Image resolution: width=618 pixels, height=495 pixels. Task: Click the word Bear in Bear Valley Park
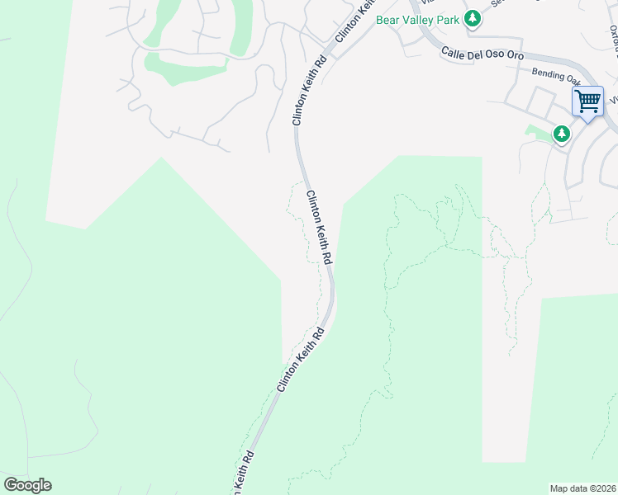[388, 19]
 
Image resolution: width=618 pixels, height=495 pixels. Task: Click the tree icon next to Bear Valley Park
[472, 18]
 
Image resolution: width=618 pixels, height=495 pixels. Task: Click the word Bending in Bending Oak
[548, 74]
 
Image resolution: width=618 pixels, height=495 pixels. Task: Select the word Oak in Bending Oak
[573, 79]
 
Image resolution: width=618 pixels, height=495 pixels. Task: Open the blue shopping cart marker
[587, 102]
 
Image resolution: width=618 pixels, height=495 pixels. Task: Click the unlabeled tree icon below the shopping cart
[562, 133]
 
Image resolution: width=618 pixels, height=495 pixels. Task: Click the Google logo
[27, 485]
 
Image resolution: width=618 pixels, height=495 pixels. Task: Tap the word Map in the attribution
[560, 488]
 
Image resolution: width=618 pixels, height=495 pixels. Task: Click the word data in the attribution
[579, 488]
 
